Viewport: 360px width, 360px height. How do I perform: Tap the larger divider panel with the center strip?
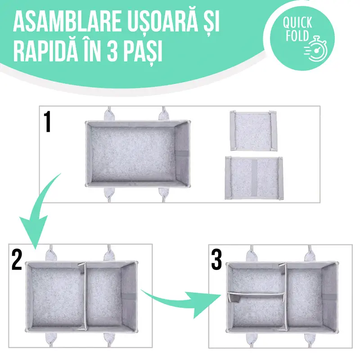click(x=254, y=178)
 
